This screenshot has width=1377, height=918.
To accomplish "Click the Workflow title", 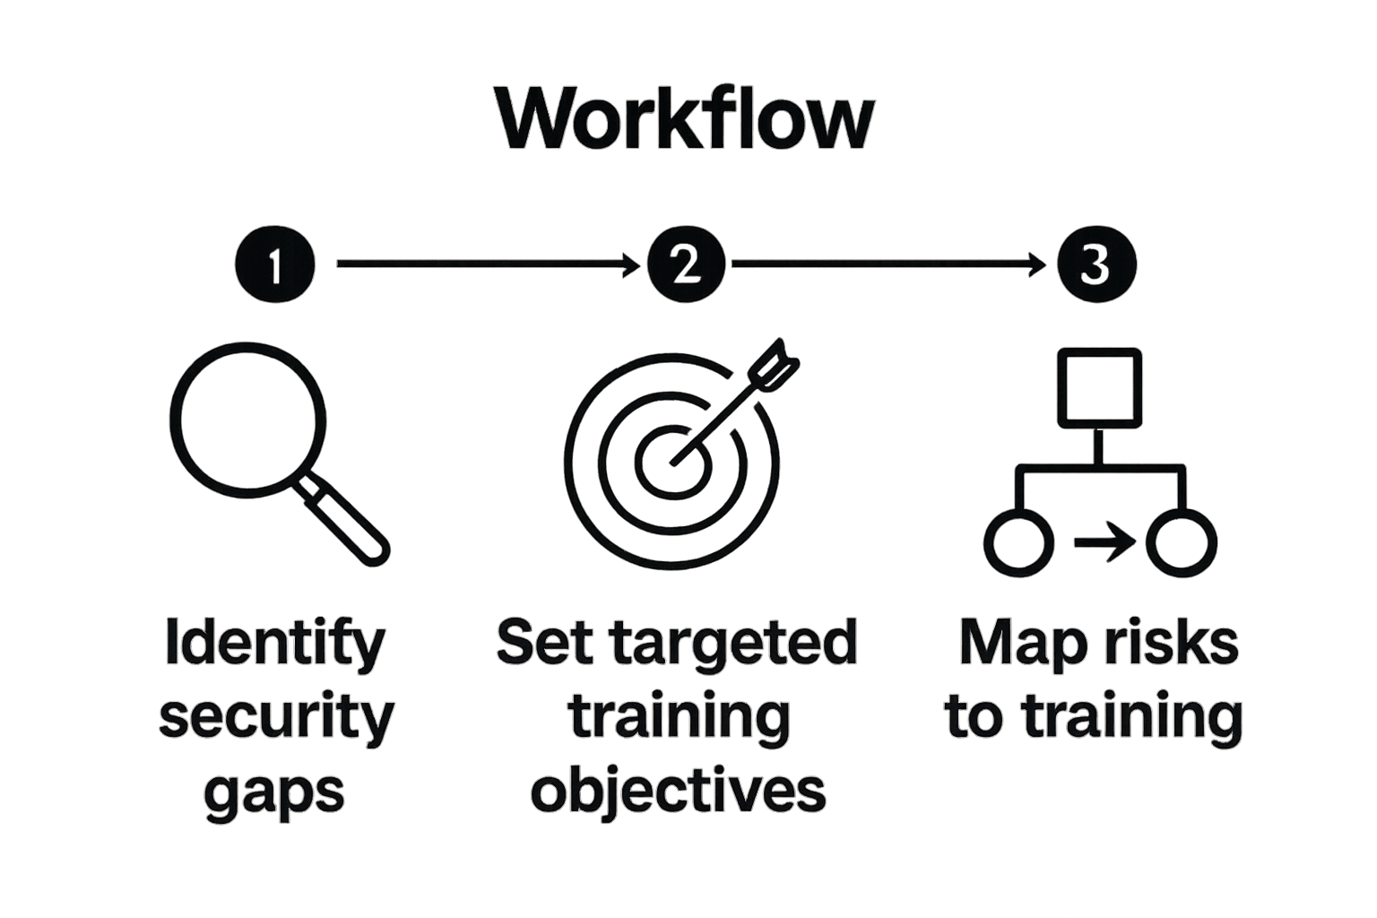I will (686, 118).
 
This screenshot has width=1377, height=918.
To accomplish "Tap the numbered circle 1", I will (275, 264).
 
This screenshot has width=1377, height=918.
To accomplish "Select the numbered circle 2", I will (686, 264).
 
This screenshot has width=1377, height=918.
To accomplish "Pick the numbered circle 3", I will (1096, 264).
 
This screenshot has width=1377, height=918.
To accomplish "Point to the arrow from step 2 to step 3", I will (888, 264).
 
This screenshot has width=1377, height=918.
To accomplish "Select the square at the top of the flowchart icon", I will (1100, 387).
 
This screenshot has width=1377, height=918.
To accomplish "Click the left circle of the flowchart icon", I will (1018, 542).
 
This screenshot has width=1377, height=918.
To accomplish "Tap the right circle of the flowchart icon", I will (1182, 542).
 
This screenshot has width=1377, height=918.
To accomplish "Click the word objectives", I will (678, 791).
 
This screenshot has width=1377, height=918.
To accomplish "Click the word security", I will (276, 717).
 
